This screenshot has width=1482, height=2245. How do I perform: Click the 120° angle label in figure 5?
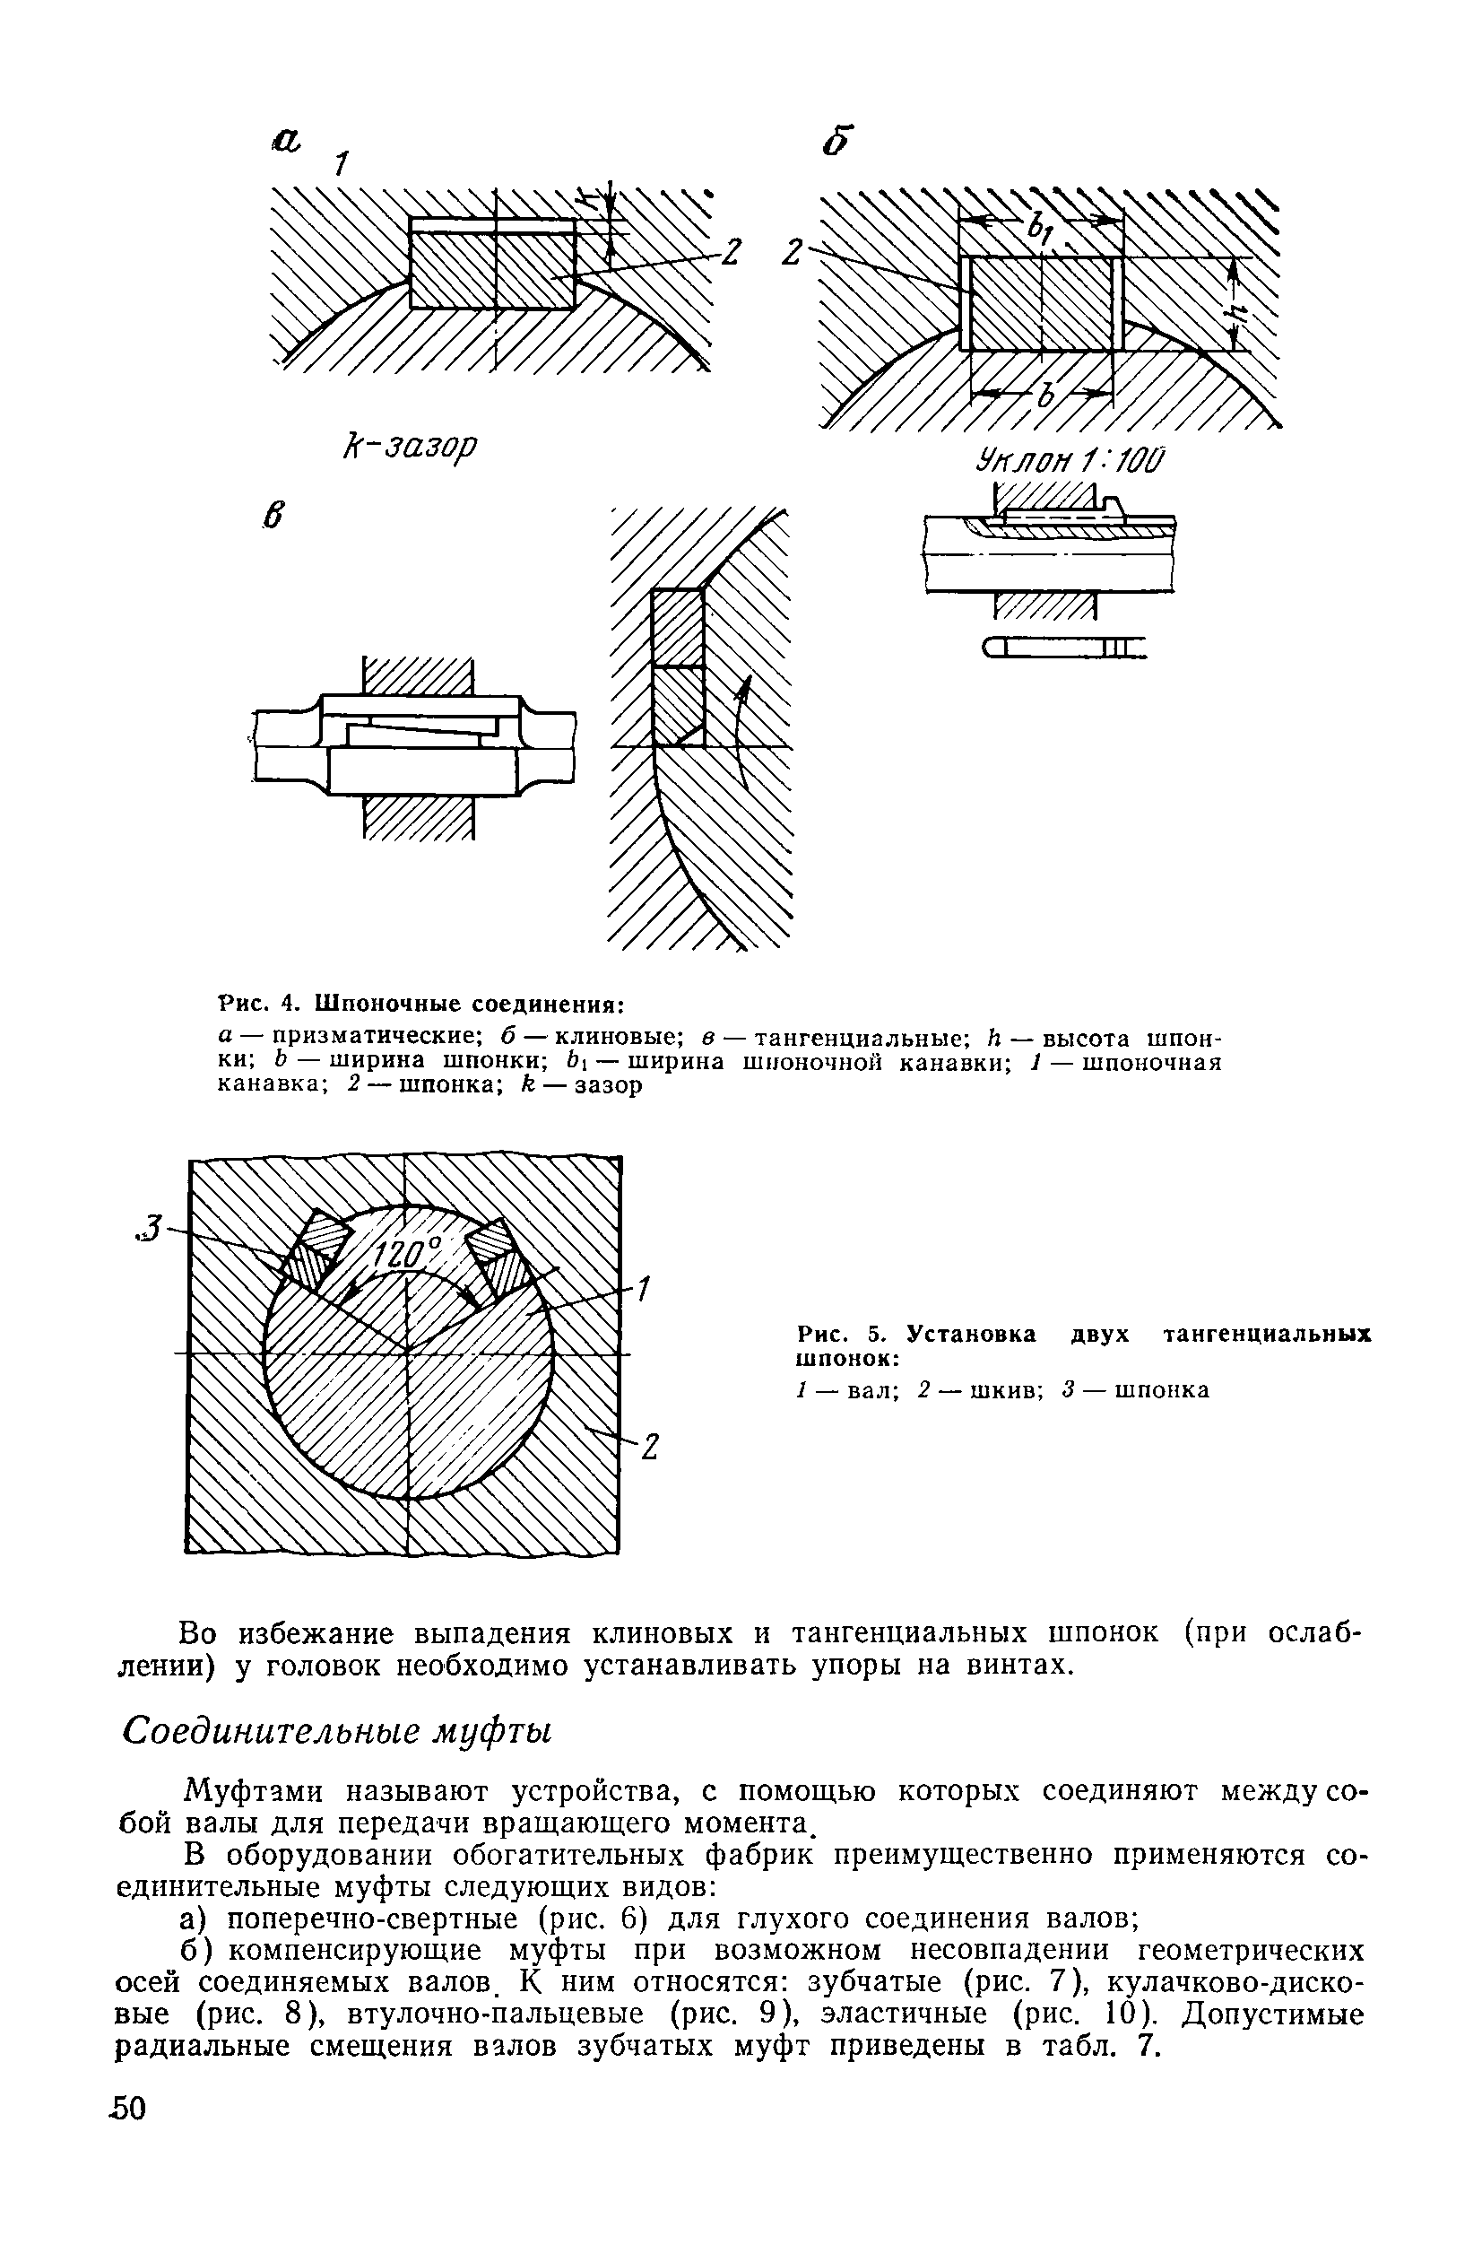point(404,1257)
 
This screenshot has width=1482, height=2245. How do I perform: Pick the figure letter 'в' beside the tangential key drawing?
point(273,516)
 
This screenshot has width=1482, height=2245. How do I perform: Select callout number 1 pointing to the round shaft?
point(644,1288)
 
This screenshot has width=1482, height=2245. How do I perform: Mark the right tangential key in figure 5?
point(494,1252)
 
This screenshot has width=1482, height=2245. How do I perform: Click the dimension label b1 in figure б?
point(1041,227)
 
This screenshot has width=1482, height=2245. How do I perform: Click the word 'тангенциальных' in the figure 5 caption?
point(1266,1334)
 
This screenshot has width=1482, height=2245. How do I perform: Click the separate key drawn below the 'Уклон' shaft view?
point(1063,647)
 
